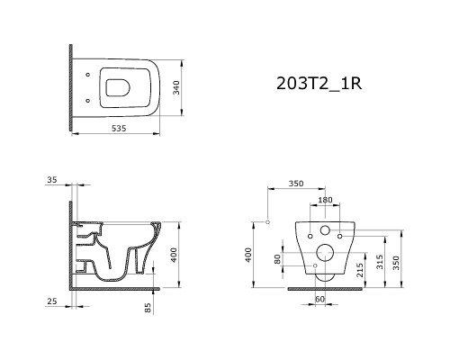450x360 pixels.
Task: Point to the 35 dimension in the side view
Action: click(51, 181)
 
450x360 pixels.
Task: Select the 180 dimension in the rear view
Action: click(326, 200)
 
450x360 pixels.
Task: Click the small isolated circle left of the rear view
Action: click(268, 220)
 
